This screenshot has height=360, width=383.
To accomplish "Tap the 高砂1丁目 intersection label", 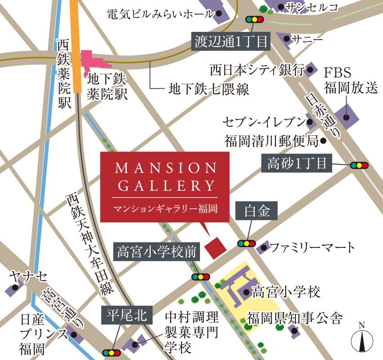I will (297, 164).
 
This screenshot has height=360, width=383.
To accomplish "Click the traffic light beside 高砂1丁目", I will (359, 165).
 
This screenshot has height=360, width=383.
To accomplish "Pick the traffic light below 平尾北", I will (111, 353).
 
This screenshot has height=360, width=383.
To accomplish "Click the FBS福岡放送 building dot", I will (347, 117).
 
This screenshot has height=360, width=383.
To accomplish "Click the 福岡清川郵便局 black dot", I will (323, 141).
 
